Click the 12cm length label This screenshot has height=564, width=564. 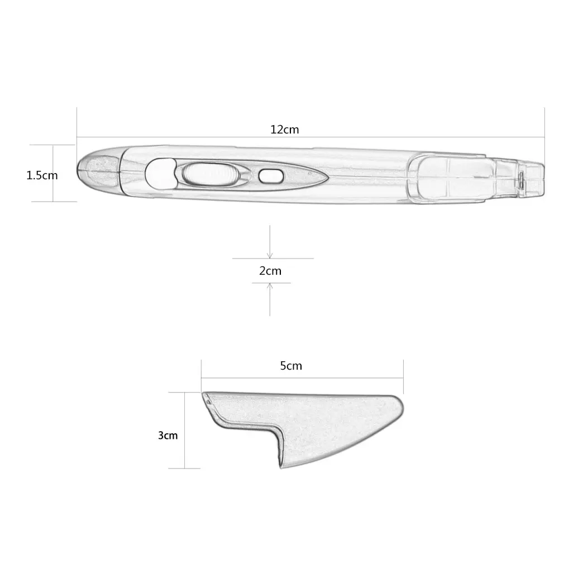click(x=284, y=130)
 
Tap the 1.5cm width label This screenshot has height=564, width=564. click(x=42, y=175)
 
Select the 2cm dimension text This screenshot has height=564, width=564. click(x=270, y=271)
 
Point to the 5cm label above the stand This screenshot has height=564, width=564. click(x=290, y=366)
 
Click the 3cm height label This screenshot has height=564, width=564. click(x=167, y=435)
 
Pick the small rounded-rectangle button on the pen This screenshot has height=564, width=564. click(x=270, y=176)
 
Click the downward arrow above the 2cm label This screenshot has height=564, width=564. click(x=270, y=254)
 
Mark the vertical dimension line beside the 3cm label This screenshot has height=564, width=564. click(x=185, y=430)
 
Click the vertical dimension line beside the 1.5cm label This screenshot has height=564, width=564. click(x=54, y=173)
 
